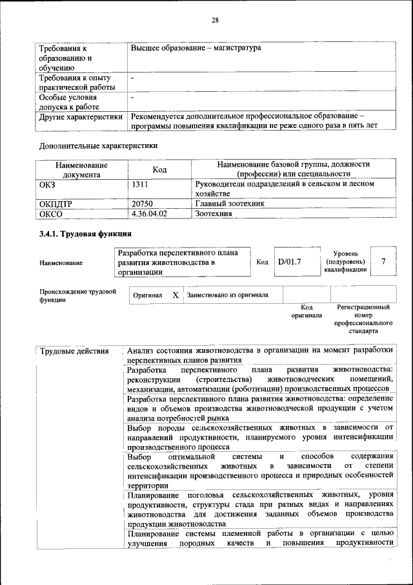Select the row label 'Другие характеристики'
pos(81,117)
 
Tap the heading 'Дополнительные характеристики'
pos(99,145)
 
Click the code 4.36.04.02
pos(149,213)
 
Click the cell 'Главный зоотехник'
pos(230,204)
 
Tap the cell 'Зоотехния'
pos(214,213)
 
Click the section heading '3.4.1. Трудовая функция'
pos(85,234)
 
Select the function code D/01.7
pos(289,262)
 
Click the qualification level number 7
pos(383,261)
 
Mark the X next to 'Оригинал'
pos(175,295)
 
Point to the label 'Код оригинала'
pos(307,312)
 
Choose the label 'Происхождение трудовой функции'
pos(77,295)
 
